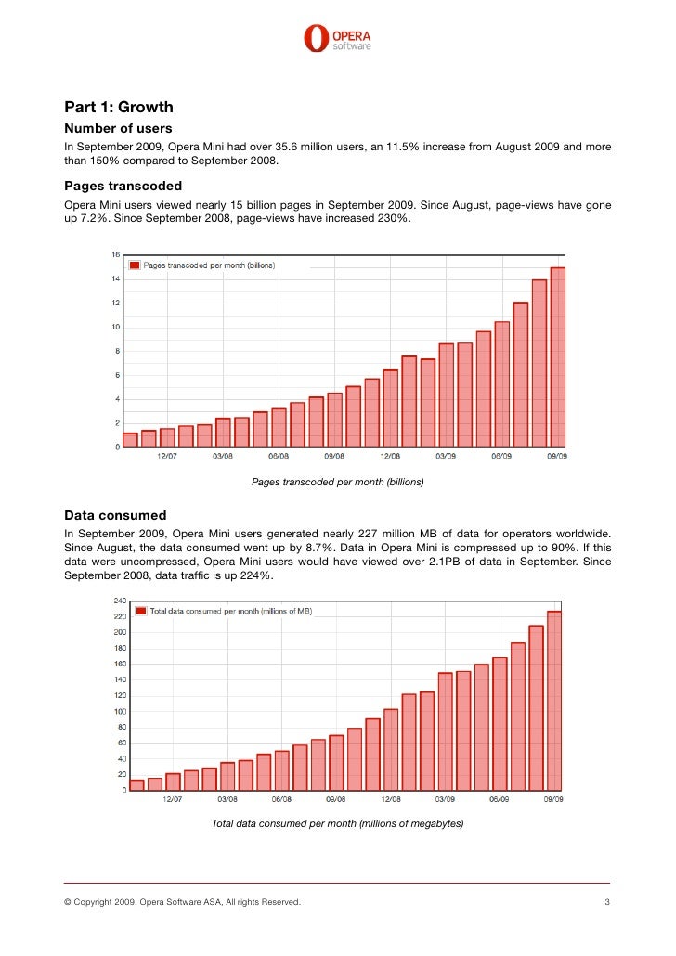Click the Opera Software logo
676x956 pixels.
337,37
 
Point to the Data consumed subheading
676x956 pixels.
115,514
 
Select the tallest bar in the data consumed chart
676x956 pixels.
554,700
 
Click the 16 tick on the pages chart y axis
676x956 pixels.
115,254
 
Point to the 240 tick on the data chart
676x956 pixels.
120,601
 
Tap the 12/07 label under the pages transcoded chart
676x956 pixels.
167,456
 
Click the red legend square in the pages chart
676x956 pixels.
134,265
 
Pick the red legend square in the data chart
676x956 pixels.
141,611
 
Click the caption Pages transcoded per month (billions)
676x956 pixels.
337,482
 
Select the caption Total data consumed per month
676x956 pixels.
337,823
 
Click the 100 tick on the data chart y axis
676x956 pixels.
120,712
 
